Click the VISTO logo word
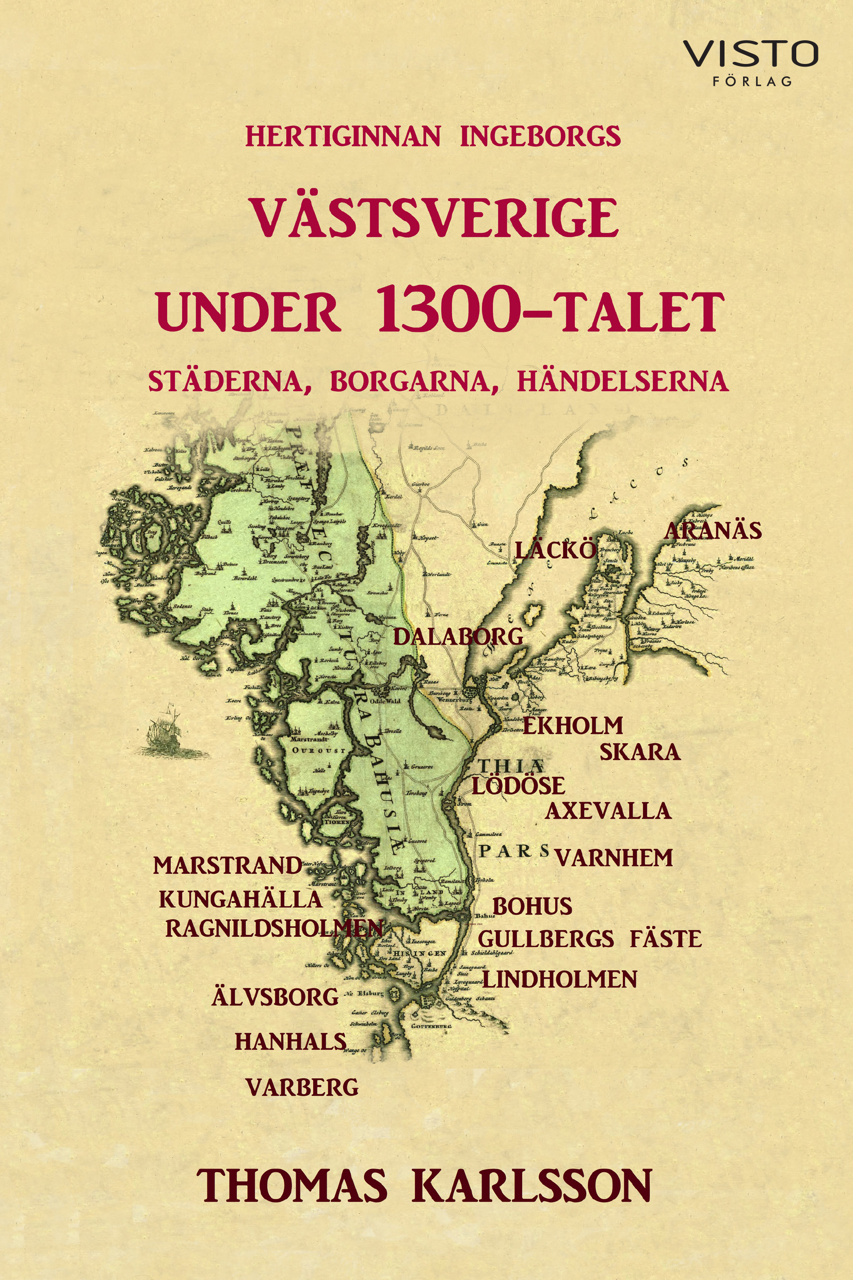750,54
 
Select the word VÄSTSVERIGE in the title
433,218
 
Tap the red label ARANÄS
713,531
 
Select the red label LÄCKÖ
555,551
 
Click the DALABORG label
458,636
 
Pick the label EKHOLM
572,726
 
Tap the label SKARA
640,753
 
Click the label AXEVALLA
608,811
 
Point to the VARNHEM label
614,858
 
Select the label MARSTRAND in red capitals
228,866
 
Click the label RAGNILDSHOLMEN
274,929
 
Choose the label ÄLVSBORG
275,997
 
